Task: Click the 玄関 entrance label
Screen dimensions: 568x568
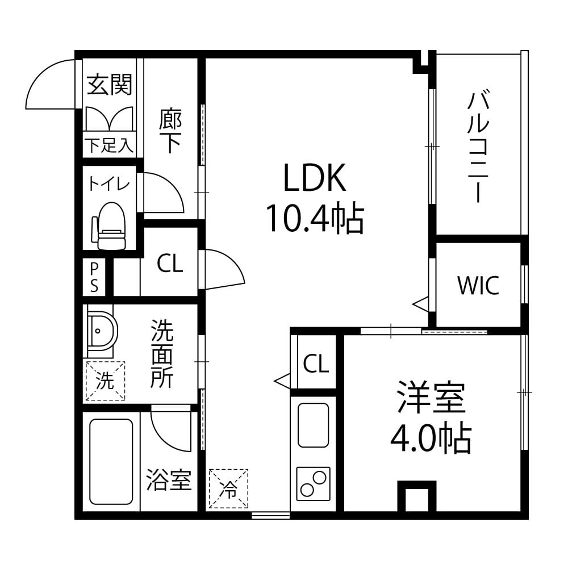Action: [x=110, y=85]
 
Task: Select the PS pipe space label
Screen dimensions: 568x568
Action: [x=94, y=277]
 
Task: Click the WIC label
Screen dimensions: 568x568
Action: [x=478, y=285]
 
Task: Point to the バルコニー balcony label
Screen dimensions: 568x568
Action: [x=478, y=147]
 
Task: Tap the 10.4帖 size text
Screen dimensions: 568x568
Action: [x=315, y=218]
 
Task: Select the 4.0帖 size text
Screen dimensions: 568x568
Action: [x=431, y=439]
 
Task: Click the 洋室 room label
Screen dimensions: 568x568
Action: [x=431, y=398]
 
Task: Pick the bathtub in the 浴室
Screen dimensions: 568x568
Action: [x=111, y=461]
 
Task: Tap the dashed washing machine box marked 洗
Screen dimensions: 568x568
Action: [x=105, y=381]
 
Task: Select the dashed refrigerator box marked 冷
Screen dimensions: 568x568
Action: [x=228, y=488]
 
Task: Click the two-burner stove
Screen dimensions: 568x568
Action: [x=314, y=484]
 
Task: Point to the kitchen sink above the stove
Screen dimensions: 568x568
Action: [x=314, y=425]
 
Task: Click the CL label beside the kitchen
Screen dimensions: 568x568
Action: [x=316, y=364]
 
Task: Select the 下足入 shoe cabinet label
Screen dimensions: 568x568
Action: [x=109, y=145]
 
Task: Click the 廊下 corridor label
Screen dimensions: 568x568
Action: [x=170, y=131]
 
